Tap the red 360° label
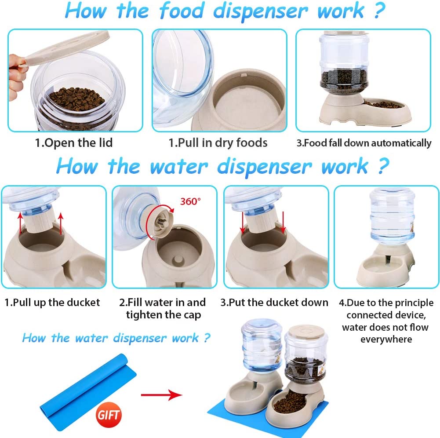(190, 201)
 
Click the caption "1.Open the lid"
(74, 142)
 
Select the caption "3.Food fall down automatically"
(364, 143)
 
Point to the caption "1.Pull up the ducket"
(52, 303)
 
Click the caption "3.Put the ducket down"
(274, 303)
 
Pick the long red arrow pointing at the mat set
(161, 395)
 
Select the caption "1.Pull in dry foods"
(218, 142)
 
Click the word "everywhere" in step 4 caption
(386, 339)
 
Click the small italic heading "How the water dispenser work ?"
(116, 338)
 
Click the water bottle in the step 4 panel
(392, 215)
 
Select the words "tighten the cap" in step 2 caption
(164, 315)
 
